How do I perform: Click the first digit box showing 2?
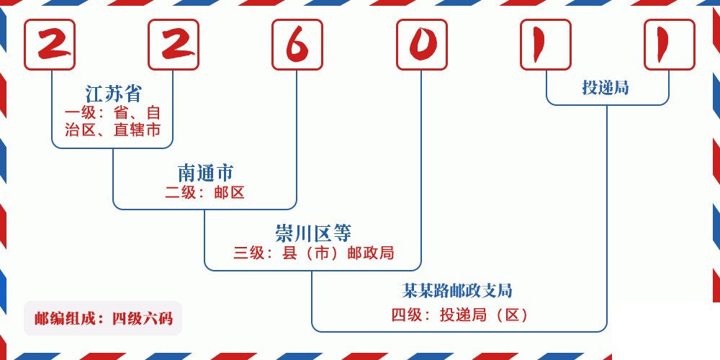click(50, 45)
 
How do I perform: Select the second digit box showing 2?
click(174, 45)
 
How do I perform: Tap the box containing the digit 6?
click(297, 45)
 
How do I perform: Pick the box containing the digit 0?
click(422, 45)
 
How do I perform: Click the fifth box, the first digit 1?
click(546, 45)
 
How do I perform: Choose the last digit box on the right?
click(670, 45)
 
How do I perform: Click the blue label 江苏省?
click(114, 94)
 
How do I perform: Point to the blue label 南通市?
click(205, 173)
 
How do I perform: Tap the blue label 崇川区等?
click(313, 233)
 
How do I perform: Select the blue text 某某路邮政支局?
click(457, 291)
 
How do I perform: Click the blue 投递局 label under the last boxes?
click(606, 88)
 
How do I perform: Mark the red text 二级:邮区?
click(205, 192)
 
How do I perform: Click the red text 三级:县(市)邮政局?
click(313, 253)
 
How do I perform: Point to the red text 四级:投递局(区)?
click(461, 315)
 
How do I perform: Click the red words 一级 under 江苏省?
click(80, 113)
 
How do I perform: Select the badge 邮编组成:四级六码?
click(103, 318)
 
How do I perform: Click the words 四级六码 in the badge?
click(142, 318)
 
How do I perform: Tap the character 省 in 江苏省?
click(133, 94)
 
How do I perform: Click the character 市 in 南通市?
click(225, 173)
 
